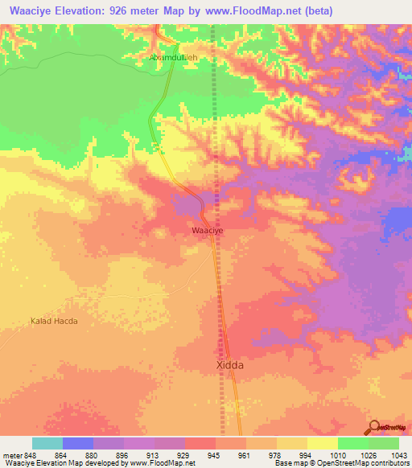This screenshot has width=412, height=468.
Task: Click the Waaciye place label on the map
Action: click(x=207, y=230)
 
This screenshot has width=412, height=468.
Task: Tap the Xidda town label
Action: click(x=230, y=364)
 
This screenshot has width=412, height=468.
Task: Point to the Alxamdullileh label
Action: click(x=175, y=58)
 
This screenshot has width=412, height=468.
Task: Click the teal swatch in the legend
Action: click(x=47, y=443)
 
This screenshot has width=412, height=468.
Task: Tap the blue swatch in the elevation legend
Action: click(x=78, y=443)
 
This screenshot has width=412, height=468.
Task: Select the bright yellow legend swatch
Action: click(x=323, y=443)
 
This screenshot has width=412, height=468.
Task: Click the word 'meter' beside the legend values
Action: click(x=10, y=454)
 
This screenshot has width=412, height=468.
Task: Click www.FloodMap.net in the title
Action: click(x=250, y=10)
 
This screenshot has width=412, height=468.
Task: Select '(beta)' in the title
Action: click(x=315, y=10)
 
